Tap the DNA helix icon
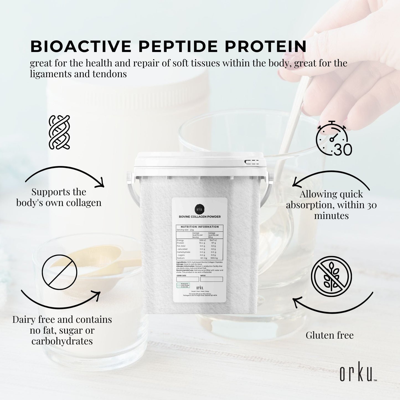click(x=59, y=132)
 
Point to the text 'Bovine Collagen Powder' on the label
click(x=200, y=217)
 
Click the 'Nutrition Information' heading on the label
click(x=200, y=227)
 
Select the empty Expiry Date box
click(x=188, y=279)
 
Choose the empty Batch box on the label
click(x=211, y=279)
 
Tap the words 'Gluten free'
click(x=329, y=335)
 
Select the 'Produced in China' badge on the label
click(x=183, y=285)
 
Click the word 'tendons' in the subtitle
click(x=110, y=74)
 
